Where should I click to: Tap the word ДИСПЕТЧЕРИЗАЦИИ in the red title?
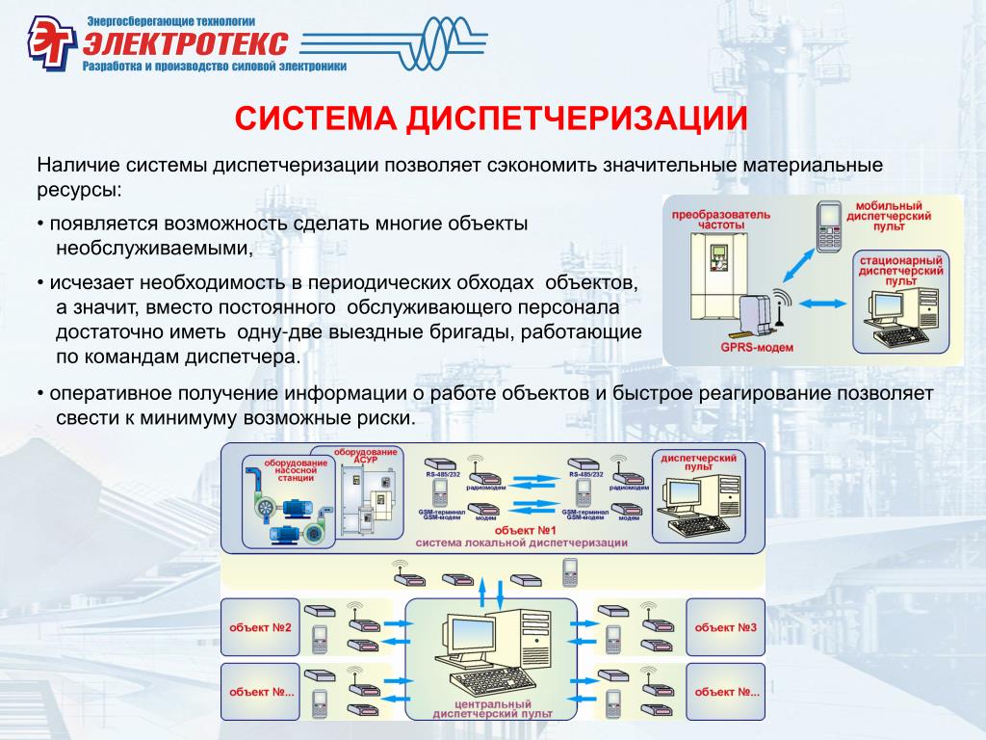coord(577,119)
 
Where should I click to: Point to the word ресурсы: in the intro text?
coord(80,189)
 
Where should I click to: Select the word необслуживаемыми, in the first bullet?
coord(154,248)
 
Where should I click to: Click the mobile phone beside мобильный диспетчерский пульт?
coord(828,226)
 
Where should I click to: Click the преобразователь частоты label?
coord(708,218)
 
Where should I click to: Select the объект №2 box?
coord(260,628)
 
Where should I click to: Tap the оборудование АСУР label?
coord(365,456)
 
